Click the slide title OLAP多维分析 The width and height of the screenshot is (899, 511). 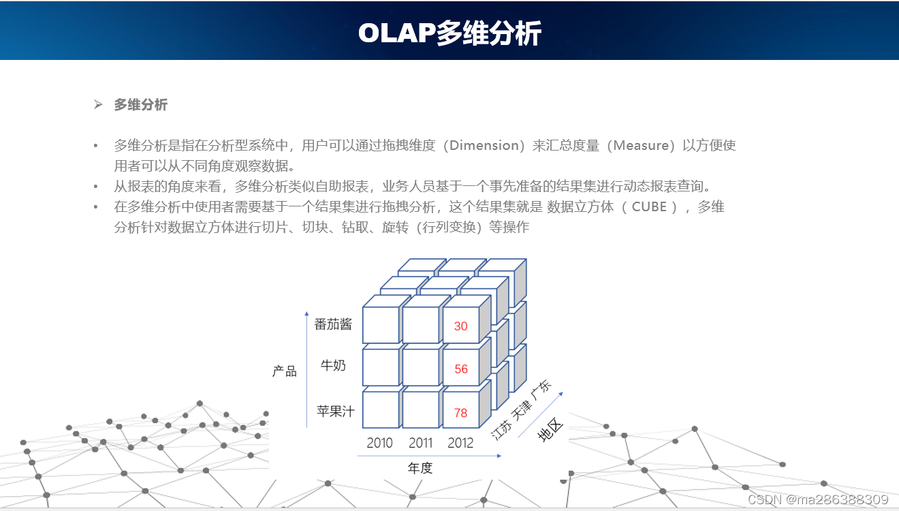tap(449, 33)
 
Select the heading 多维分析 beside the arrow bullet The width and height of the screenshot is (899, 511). tap(140, 105)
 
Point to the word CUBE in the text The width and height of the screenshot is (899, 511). tap(649, 206)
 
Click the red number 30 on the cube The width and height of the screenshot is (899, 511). tap(461, 326)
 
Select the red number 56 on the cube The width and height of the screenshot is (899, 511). tap(461, 369)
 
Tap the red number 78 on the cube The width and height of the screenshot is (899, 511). tap(461, 413)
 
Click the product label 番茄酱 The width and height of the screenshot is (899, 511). tap(333, 324)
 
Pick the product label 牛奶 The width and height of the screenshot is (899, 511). tap(333, 366)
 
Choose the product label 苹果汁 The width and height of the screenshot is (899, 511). tap(335, 411)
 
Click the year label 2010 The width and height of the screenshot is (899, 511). tap(379, 443)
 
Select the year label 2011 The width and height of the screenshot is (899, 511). tap(421, 443)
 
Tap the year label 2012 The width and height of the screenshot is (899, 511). tap(460, 443)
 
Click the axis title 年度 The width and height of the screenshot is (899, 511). tap(420, 468)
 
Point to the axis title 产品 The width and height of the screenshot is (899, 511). tap(285, 371)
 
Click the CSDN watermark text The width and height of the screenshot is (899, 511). tap(817, 499)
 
